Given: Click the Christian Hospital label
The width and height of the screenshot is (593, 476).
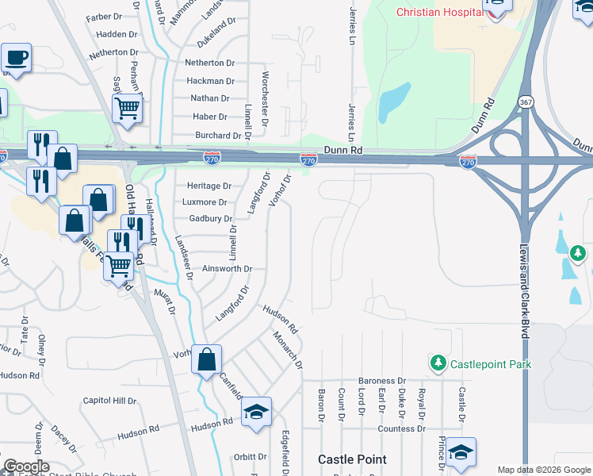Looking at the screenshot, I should point(439,13).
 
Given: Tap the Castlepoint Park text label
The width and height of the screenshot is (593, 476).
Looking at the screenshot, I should point(491,364).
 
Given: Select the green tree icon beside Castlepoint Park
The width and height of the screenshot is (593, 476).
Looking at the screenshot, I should point(438,363).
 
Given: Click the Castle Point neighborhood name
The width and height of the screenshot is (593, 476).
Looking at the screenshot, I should point(352,459).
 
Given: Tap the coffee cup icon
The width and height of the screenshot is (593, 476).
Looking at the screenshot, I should point(16,58).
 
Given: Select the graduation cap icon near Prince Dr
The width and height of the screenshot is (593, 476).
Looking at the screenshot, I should point(461,452).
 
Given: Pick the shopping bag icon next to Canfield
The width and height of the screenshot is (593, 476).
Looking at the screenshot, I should point(206,359).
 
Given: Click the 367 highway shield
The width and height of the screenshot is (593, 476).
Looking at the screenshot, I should point(526,102).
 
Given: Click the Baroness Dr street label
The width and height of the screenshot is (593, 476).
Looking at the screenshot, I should point(381,381).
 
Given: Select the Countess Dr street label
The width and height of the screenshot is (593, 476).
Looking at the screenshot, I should point(401,428).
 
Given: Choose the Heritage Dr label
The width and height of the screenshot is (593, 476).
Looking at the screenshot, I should point(209,186).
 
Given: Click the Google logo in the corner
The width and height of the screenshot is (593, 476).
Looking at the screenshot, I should point(26,466).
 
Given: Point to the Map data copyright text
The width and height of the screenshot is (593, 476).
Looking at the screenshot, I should point(543,470).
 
